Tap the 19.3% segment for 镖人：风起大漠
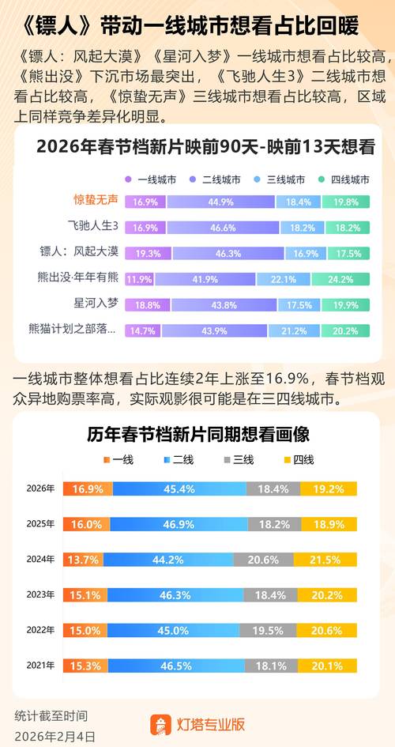coord(149,253)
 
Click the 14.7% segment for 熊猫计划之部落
coord(143,330)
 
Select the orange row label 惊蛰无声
coord(96,201)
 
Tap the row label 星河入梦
coord(96,304)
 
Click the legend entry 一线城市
coord(154,179)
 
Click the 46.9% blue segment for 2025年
coord(179,524)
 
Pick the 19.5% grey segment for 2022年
coord(274,631)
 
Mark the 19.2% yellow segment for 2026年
coord(328,489)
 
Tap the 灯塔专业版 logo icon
coord(161,724)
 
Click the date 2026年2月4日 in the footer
coord(55,735)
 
